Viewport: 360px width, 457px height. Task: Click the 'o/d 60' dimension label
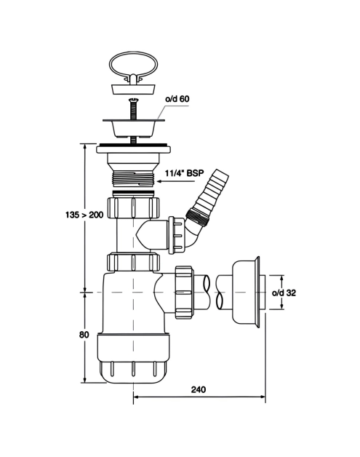177,99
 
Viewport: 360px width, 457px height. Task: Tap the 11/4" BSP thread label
185,173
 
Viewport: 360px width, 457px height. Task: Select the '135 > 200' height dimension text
84,215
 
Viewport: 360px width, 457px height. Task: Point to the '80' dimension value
84,335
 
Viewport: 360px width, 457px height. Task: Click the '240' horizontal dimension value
199,389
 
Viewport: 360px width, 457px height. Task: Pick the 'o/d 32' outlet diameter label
284,293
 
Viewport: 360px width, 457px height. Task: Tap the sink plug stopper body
134,89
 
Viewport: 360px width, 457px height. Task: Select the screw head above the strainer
133,100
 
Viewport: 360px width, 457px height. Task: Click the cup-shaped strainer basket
133,127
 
